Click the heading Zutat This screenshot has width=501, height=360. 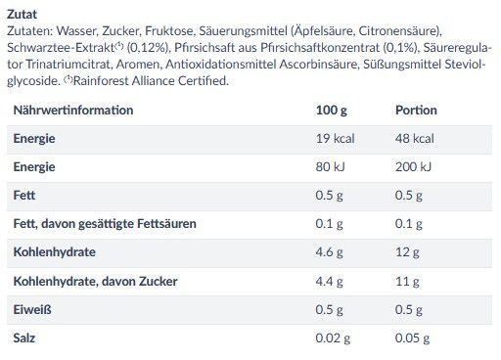point(22,15)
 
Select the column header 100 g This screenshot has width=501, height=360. point(331,111)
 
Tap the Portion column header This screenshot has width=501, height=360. point(416,111)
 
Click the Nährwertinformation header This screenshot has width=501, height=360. point(73,111)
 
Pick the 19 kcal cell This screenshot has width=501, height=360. point(335,139)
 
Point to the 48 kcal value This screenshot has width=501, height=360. point(415,139)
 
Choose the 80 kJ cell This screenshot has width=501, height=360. point(330,167)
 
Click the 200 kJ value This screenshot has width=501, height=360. point(413,167)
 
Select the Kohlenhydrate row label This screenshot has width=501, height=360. point(55,252)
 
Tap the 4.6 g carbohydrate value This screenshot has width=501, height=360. point(329,252)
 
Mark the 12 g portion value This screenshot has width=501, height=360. point(407,252)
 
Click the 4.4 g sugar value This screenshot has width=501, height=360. point(329,281)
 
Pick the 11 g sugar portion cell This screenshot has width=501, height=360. point(407,281)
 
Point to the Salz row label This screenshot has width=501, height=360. point(24,337)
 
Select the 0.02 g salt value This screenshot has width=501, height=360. point(333,338)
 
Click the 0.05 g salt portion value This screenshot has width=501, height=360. point(412,338)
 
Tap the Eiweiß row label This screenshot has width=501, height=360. point(32,309)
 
